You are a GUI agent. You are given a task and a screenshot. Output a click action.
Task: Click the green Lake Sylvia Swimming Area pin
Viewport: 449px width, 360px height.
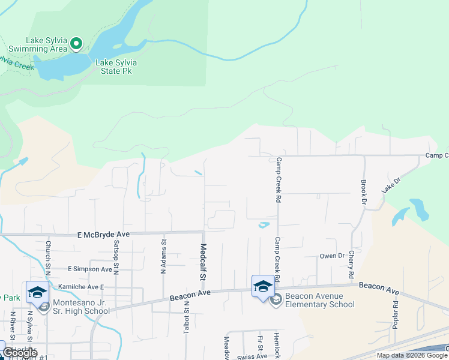[x=76, y=43]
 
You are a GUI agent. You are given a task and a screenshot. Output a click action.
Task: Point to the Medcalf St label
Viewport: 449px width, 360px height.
[x=203, y=262]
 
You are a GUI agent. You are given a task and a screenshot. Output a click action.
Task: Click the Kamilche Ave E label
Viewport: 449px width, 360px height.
[x=80, y=287]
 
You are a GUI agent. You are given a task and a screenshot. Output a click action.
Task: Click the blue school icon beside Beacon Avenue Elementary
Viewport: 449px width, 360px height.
[x=263, y=286]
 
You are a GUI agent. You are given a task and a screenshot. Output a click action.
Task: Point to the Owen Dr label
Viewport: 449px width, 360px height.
[x=331, y=256]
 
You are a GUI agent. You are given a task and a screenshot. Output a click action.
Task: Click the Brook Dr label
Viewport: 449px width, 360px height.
[x=363, y=192]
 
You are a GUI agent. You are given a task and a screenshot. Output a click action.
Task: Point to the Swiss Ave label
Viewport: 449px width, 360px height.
[x=252, y=356]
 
